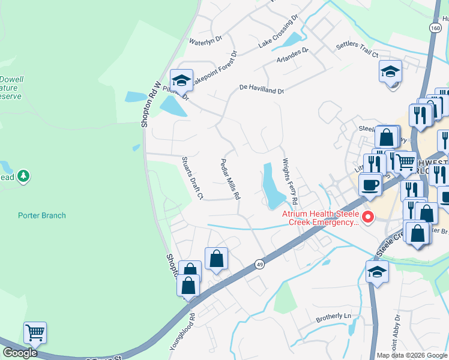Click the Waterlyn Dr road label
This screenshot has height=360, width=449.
(206, 41)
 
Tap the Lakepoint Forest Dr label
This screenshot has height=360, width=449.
(214, 75)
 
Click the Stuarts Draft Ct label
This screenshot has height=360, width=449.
(193, 178)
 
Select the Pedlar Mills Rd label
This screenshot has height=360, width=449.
(231, 178)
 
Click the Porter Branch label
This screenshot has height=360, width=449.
(42, 215)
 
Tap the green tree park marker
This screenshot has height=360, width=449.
(24, 176)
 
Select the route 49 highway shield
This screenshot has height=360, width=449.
(259, 264)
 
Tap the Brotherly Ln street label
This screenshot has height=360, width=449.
(333, 316)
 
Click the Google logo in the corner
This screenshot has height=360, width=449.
(20, 353)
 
